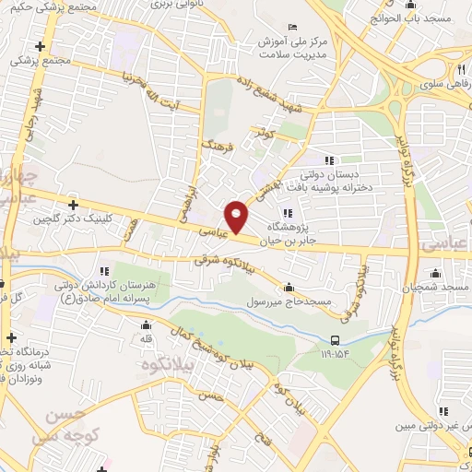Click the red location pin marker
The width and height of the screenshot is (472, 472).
click(x=238, y=217)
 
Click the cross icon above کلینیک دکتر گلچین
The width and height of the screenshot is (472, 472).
click(x=73, y=204)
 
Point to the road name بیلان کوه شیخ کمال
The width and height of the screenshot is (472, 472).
click(x=217, y=346)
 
